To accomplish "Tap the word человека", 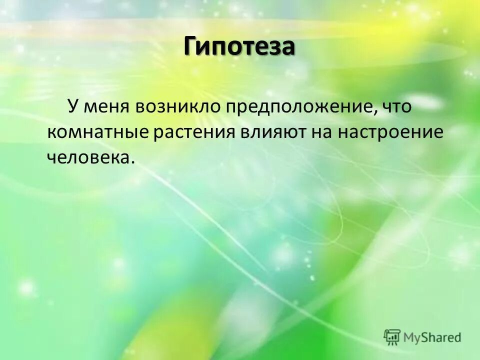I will coord(88,157).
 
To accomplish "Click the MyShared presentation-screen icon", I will coord(392,336).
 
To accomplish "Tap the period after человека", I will coord(133,162).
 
